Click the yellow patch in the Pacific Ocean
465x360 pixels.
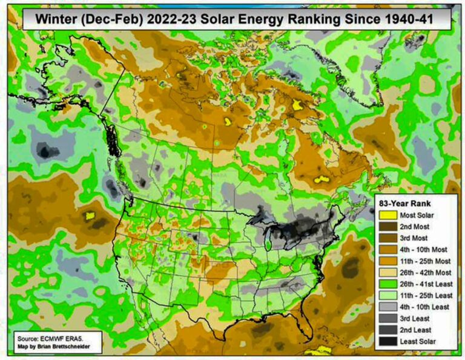point(91,215)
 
